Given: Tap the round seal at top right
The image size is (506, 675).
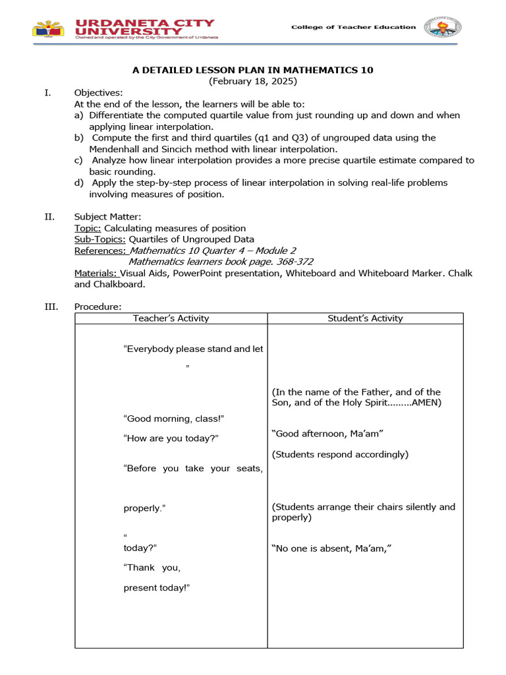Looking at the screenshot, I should pos(442,27).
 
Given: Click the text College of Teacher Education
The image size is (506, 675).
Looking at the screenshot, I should pos(354,27).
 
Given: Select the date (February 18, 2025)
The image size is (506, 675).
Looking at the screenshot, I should pos(253,81).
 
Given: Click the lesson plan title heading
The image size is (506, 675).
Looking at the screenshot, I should pos(253,70).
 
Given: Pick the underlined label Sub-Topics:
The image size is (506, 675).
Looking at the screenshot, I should pos(99,239).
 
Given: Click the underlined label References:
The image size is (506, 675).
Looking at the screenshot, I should pos(100,250).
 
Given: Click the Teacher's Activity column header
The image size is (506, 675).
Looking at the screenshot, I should pos(171,318).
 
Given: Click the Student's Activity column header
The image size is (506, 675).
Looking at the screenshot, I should pos(365,318).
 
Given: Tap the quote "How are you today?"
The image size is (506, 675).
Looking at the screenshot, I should pos(171,438).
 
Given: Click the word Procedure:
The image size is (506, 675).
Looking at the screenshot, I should pos(98,307).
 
